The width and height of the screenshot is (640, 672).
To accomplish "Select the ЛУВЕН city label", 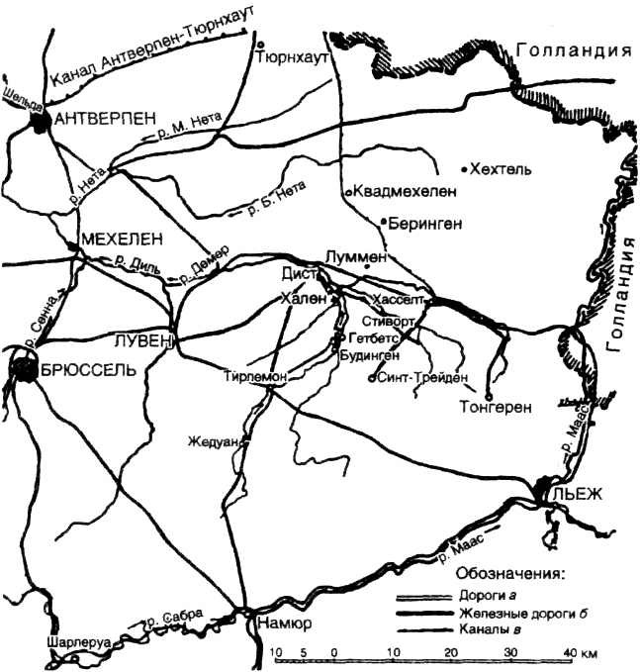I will coord(146,339).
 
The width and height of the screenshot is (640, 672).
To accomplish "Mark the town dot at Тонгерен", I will coord(490,387).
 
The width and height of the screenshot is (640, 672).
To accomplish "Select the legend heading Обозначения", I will coord(509,573).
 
